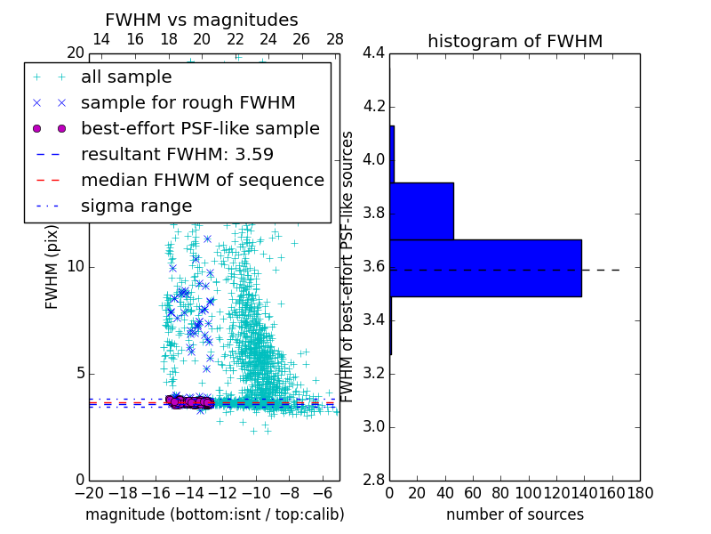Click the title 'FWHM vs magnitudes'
202,20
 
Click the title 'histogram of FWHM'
515,41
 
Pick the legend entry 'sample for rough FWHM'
188,103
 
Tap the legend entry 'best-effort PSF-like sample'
200,128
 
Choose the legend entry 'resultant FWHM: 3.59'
177,154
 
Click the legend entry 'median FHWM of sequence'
202,180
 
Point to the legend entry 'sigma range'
136,206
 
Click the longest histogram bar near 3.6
485,268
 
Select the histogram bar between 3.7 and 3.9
421,211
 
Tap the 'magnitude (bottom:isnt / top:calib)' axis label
214,514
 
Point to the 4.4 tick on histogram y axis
373,53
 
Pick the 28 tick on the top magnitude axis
335,39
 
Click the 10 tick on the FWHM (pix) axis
76,267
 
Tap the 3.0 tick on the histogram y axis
373,426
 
